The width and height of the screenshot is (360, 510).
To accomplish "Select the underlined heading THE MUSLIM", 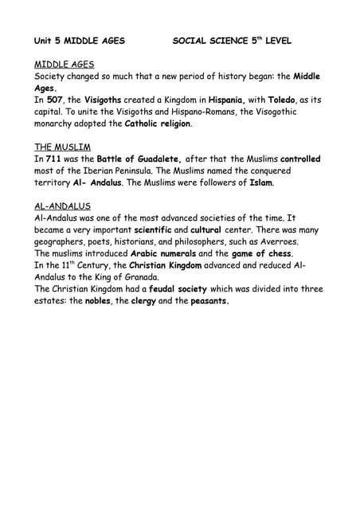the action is pos(62,147).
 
